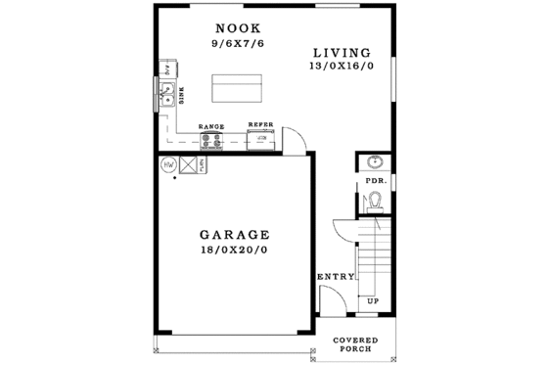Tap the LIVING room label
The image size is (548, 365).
click(342, 52)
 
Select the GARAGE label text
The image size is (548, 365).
click(234, 235)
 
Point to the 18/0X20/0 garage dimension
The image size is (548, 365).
click(234, 251)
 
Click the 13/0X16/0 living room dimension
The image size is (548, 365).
click(342, 67)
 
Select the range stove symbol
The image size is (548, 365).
click(211, 140)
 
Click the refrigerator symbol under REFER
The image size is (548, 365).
click(261, 140)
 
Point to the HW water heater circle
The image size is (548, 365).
click(168, 164)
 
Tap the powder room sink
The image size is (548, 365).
click(373, 162)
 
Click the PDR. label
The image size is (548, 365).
click(374, 181)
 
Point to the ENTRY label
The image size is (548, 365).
click(335, 277)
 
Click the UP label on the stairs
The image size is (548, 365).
click(372, 301)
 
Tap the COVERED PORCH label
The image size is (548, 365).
click(354, 344)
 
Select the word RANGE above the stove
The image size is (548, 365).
click(211, 127)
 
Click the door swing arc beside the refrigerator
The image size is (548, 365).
click(301, 140)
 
